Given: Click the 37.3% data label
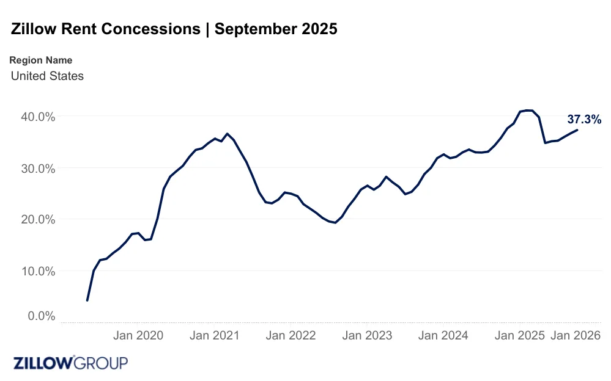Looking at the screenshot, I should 584,120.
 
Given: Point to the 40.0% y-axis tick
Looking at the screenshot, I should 34,117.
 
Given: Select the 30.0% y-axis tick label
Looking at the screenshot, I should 34,168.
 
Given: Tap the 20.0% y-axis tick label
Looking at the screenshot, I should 34,219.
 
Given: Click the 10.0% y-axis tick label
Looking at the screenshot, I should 34,270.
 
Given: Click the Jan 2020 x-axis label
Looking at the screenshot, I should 139,335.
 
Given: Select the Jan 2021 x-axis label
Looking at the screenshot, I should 215,335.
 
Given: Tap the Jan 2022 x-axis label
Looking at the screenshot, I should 291,335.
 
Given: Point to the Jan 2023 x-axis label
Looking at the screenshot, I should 367,335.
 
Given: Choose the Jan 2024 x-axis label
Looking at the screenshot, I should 443,335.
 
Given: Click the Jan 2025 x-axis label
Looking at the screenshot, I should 519,335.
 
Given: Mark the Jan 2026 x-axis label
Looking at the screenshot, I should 576,335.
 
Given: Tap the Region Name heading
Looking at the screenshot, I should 41,60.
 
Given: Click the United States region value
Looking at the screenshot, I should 47,76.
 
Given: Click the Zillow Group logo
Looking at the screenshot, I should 71,363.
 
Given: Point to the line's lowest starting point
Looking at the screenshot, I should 87,300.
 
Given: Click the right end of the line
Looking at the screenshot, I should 577,130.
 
